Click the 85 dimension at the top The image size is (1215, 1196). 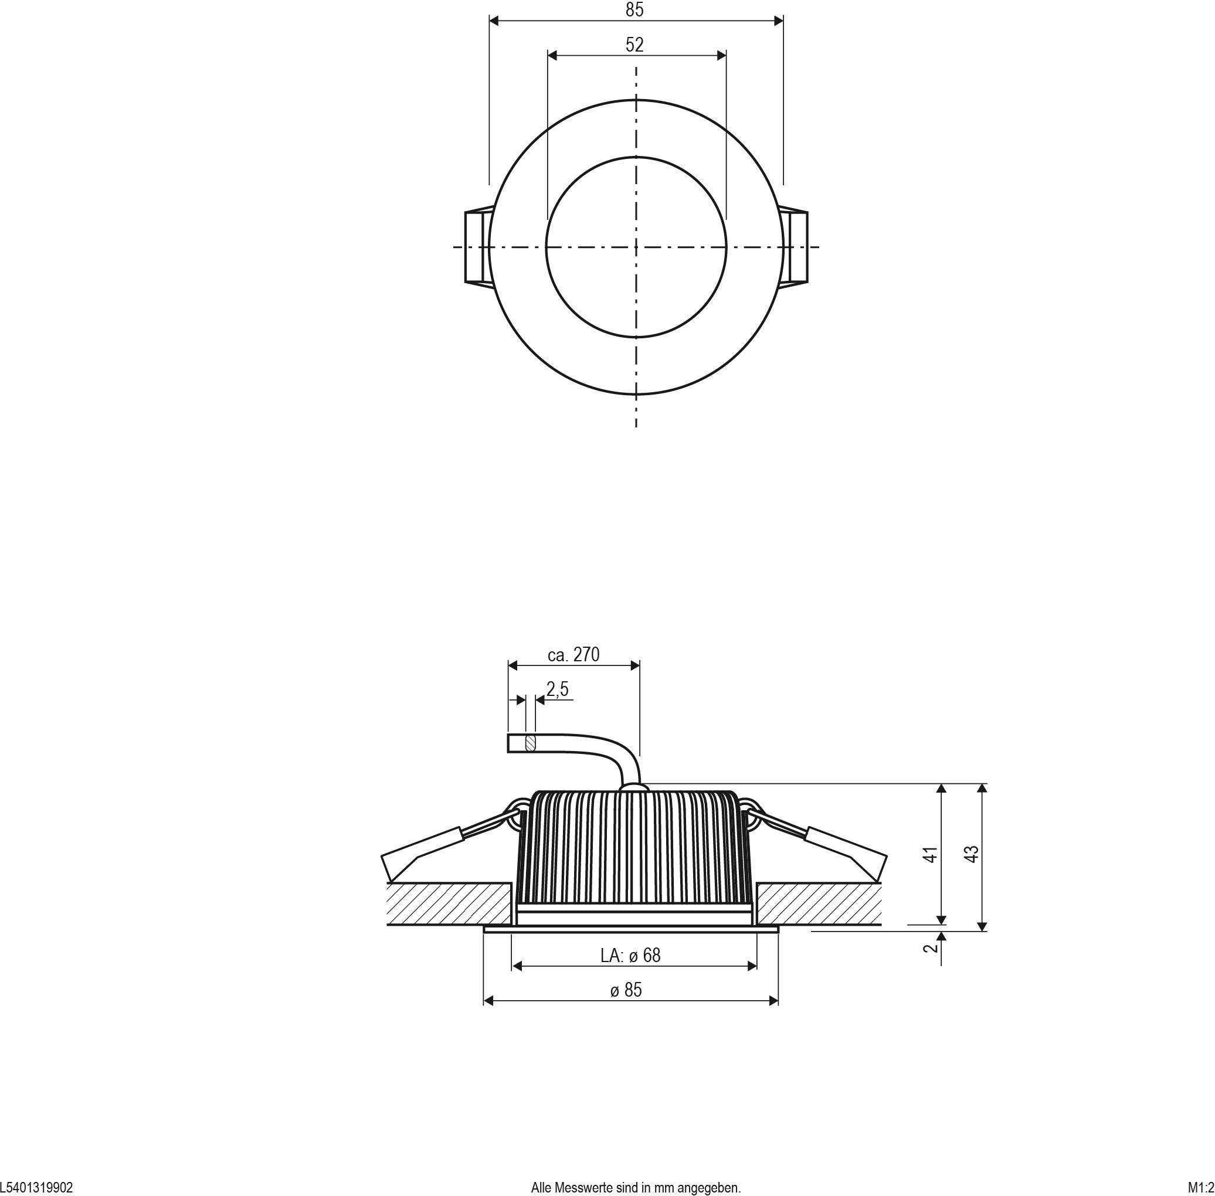coord(634,10)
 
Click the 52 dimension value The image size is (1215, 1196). coord(634,45)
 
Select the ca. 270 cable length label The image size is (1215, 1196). coord(573,655)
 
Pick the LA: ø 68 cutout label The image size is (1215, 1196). coord(630,956)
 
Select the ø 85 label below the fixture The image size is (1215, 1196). coord(626,990)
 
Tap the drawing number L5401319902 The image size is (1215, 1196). coord(36,1188)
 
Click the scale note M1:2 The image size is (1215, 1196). coord(1200,1188)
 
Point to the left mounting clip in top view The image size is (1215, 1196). coord(476,246)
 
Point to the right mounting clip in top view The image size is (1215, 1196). coord(795,246)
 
